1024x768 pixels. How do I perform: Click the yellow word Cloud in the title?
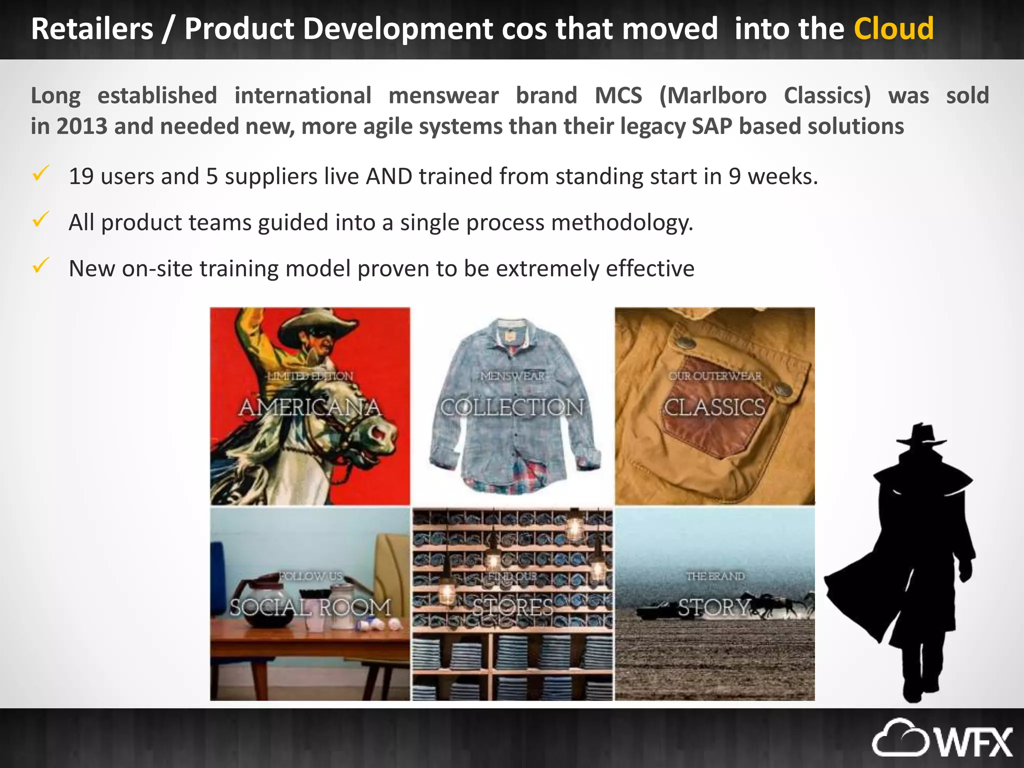893,28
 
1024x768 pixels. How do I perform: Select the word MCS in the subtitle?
618,95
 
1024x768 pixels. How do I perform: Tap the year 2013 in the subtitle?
81,126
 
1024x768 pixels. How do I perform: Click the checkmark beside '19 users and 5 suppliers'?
40,173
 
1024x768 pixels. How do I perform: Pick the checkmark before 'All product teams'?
40,219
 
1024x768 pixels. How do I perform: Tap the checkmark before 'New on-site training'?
40,265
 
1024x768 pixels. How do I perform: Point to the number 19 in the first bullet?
81,176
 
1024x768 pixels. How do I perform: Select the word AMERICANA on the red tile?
310,407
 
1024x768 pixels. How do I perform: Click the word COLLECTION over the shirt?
512,407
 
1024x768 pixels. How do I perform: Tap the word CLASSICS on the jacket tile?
714,407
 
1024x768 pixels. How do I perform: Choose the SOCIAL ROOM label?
310,607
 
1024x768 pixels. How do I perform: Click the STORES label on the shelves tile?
513,608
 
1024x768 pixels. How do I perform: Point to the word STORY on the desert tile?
714,608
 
